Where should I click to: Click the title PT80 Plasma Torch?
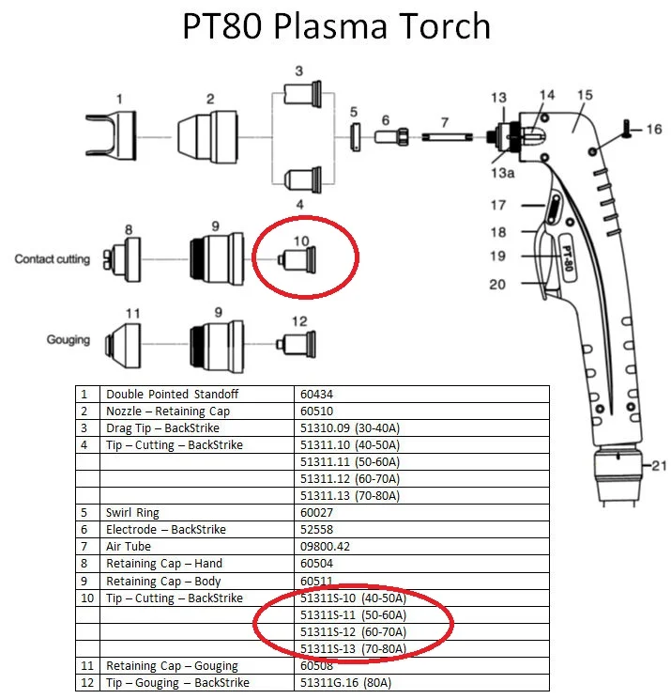tap(335, 26)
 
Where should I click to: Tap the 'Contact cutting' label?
tap(53, 258)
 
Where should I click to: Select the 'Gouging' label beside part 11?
tap(69, 339)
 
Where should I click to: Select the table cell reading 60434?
tap(314, 394)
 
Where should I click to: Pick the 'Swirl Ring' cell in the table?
tap(133, 512)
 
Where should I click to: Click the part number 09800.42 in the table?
tap(323, 546)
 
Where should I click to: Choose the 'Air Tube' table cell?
tap(129, 546)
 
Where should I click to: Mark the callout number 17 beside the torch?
tap(497, 205)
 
